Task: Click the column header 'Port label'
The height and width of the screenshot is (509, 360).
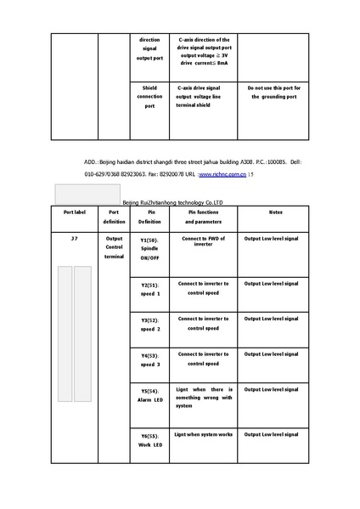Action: [75, 212]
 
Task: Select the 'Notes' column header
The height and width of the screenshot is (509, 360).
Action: [276, 212]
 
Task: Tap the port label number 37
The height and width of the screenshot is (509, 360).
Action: [75, 240]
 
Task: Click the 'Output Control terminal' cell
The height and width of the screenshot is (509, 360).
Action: [114, 248]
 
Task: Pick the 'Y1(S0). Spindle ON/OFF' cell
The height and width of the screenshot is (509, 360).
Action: [149, 248]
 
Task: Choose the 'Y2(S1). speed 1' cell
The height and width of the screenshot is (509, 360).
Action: [149, 289]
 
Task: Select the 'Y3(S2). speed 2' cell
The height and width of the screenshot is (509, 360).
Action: [149, 324]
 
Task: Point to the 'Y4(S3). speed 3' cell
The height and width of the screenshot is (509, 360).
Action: [149, 359]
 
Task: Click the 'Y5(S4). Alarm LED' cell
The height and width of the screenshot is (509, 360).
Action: [149, 395]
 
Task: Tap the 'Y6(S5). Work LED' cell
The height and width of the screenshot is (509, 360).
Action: [149, 440]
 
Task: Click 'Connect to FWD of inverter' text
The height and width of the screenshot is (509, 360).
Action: [203, 241]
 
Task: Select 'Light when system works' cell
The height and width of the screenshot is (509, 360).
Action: [203, 434]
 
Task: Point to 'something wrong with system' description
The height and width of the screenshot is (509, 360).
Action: [203, 398]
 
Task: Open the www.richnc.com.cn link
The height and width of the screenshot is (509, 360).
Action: [222, 173]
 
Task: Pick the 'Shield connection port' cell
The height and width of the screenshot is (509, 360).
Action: [149, 97]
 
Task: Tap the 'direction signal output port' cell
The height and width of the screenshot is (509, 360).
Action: [149, 48]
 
